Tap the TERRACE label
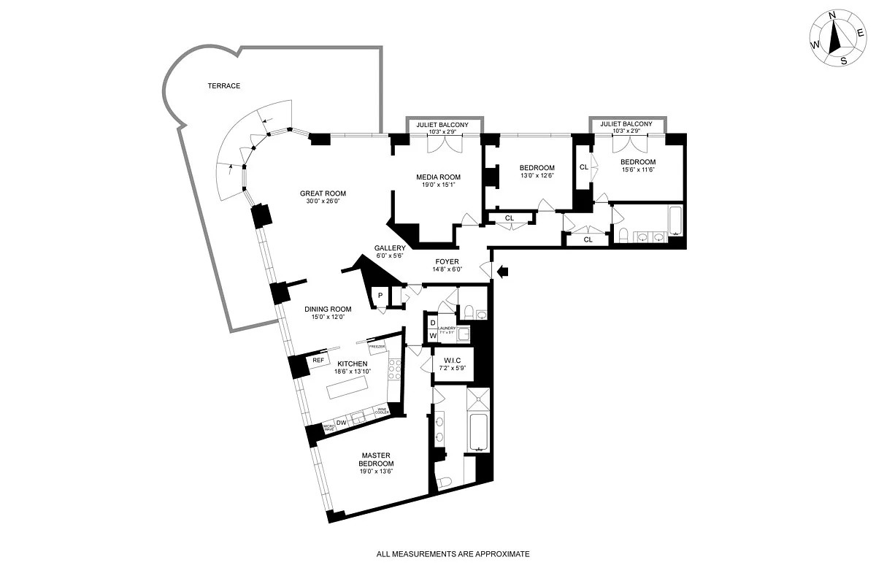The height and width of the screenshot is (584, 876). [223, 86]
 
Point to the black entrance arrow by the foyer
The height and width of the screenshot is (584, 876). [503, 272]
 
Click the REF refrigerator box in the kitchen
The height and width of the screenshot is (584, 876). [318, 361]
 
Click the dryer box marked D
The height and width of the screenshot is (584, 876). [432, 323]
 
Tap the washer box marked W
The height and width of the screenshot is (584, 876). [432, 336]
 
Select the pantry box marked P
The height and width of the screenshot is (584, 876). [380, 296]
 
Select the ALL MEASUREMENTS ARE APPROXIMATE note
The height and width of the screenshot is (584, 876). [453, 554]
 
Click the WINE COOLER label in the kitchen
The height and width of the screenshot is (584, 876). [382, 412]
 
